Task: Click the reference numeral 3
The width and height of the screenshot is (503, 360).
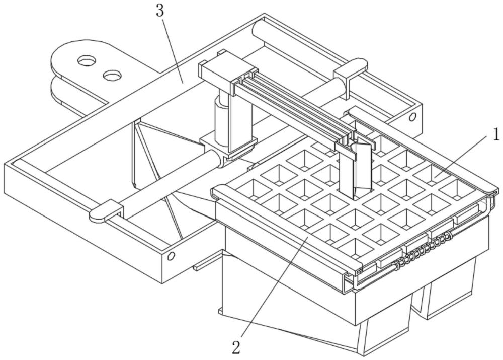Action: pyautogui.click(x=160, y=11)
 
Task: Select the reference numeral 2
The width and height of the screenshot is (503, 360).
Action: pyautogui.click(x=236, y=346)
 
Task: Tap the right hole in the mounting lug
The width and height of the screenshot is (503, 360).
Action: pyautogui.click(x=112, y=75)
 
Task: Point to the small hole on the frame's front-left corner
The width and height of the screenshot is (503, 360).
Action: pyautogui.click(x=171, y=256)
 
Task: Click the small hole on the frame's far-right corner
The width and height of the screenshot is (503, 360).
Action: pyautogui.click(x=412, y=117)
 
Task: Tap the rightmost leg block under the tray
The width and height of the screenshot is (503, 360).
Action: pyautogui.click(x=450, y=292)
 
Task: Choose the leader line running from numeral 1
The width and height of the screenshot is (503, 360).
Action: pyautogui.click(x=463, y=156)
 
